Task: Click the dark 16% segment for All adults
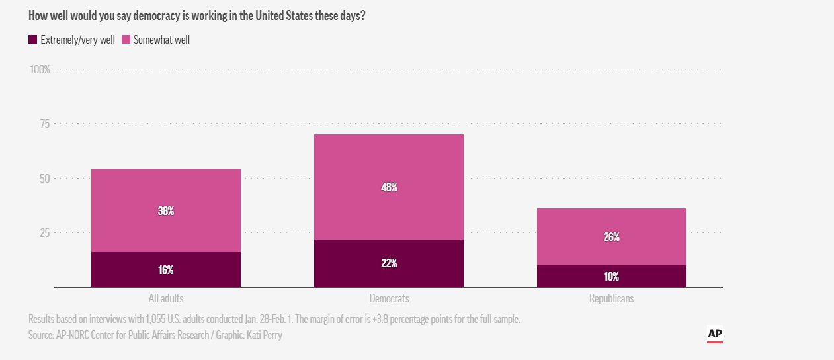pos(165,269)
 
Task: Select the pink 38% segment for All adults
pos(165,211)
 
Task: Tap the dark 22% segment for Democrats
pos(389,263)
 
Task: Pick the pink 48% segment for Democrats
pos(389,187)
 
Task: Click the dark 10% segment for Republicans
pos(611,276)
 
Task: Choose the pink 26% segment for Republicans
pos(611,237)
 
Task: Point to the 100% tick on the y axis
pos(40,69)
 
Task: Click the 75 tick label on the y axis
pos(44,124)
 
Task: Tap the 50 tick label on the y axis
pos(44,178)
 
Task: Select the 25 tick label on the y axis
pos(44,232)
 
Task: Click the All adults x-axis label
pos(166,298)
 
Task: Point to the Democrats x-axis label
pos(389,298)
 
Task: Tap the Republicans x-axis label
pos(611,298)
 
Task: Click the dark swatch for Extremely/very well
pos(32,40)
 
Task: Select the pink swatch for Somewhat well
pos(126,40)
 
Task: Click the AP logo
pos(714,334)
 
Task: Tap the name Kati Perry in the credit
pos(265,335)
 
